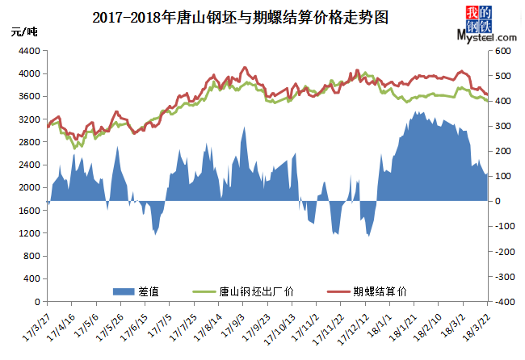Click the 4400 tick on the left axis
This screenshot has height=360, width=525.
pos(29,51)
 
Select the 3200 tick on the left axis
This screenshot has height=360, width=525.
pos(29,119)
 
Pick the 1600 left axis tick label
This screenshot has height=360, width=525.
pos(29,211)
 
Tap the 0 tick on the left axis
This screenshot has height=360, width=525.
pos(36,302)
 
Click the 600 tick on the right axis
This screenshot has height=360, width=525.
pos(503,51)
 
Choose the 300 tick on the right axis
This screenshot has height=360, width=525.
pos(503,126)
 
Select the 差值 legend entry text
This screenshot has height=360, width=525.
pos(149,289)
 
